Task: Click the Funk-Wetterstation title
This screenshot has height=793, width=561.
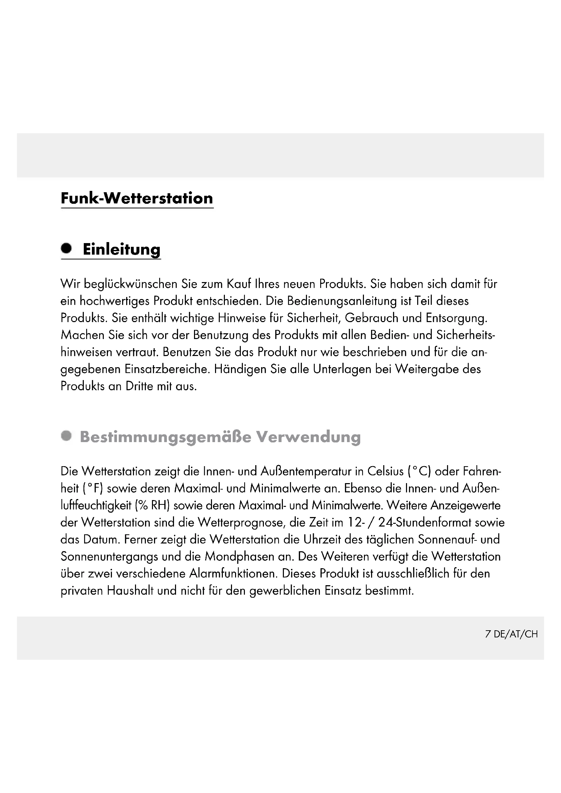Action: click(137, 198)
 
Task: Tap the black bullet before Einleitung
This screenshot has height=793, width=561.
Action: click(66, 248)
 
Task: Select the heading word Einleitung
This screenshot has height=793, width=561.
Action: click(122, 250)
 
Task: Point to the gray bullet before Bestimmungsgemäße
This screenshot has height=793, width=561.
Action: click(66, 436)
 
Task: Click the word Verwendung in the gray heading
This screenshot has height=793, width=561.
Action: click(308, 437)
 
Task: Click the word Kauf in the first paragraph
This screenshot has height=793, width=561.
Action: click(239, 284)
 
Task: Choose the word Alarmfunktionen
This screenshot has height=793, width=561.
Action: click(233, 574)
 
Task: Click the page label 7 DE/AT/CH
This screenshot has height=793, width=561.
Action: click(511, 634)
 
